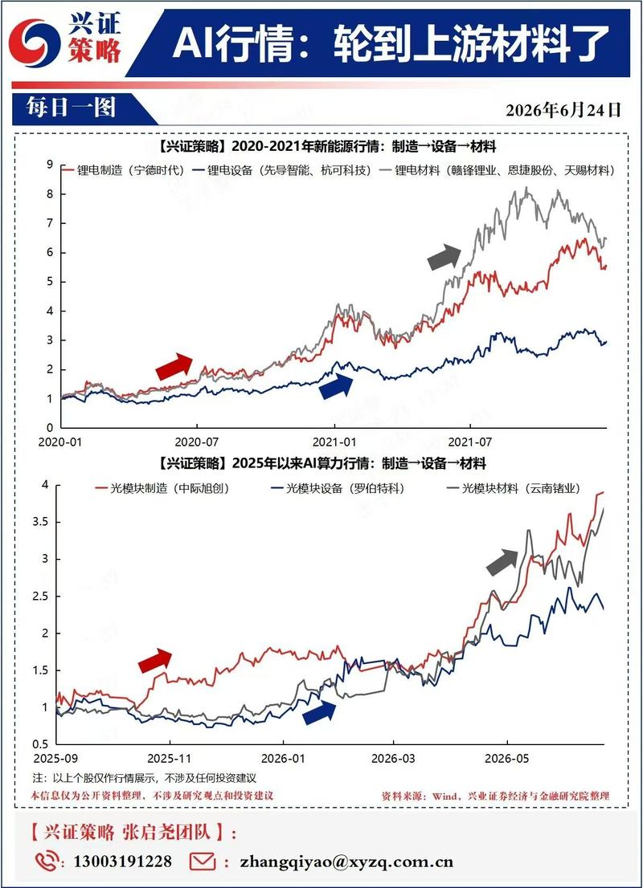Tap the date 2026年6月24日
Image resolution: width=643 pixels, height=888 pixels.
563,109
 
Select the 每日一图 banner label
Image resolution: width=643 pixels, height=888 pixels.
71,107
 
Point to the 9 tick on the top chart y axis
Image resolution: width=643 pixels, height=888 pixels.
50,165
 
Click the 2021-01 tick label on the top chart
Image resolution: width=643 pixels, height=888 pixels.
334,442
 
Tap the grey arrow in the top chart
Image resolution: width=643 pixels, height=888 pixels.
444,257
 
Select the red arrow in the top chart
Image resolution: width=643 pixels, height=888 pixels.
174,366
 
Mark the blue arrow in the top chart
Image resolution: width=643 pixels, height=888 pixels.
336,386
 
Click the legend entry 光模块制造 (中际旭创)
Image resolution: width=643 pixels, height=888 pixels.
162,488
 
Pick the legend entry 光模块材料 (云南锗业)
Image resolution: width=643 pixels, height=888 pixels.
514,488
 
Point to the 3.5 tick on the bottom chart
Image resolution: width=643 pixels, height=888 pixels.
40,522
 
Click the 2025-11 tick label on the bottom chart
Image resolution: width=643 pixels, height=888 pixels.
169,758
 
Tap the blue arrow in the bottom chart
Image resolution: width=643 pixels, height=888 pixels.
319,712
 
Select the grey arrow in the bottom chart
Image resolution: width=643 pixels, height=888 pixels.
502,562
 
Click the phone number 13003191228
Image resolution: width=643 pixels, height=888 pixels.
122,862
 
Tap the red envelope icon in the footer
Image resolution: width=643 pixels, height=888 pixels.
203,862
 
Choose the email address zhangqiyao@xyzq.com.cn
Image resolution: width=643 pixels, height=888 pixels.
346,862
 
